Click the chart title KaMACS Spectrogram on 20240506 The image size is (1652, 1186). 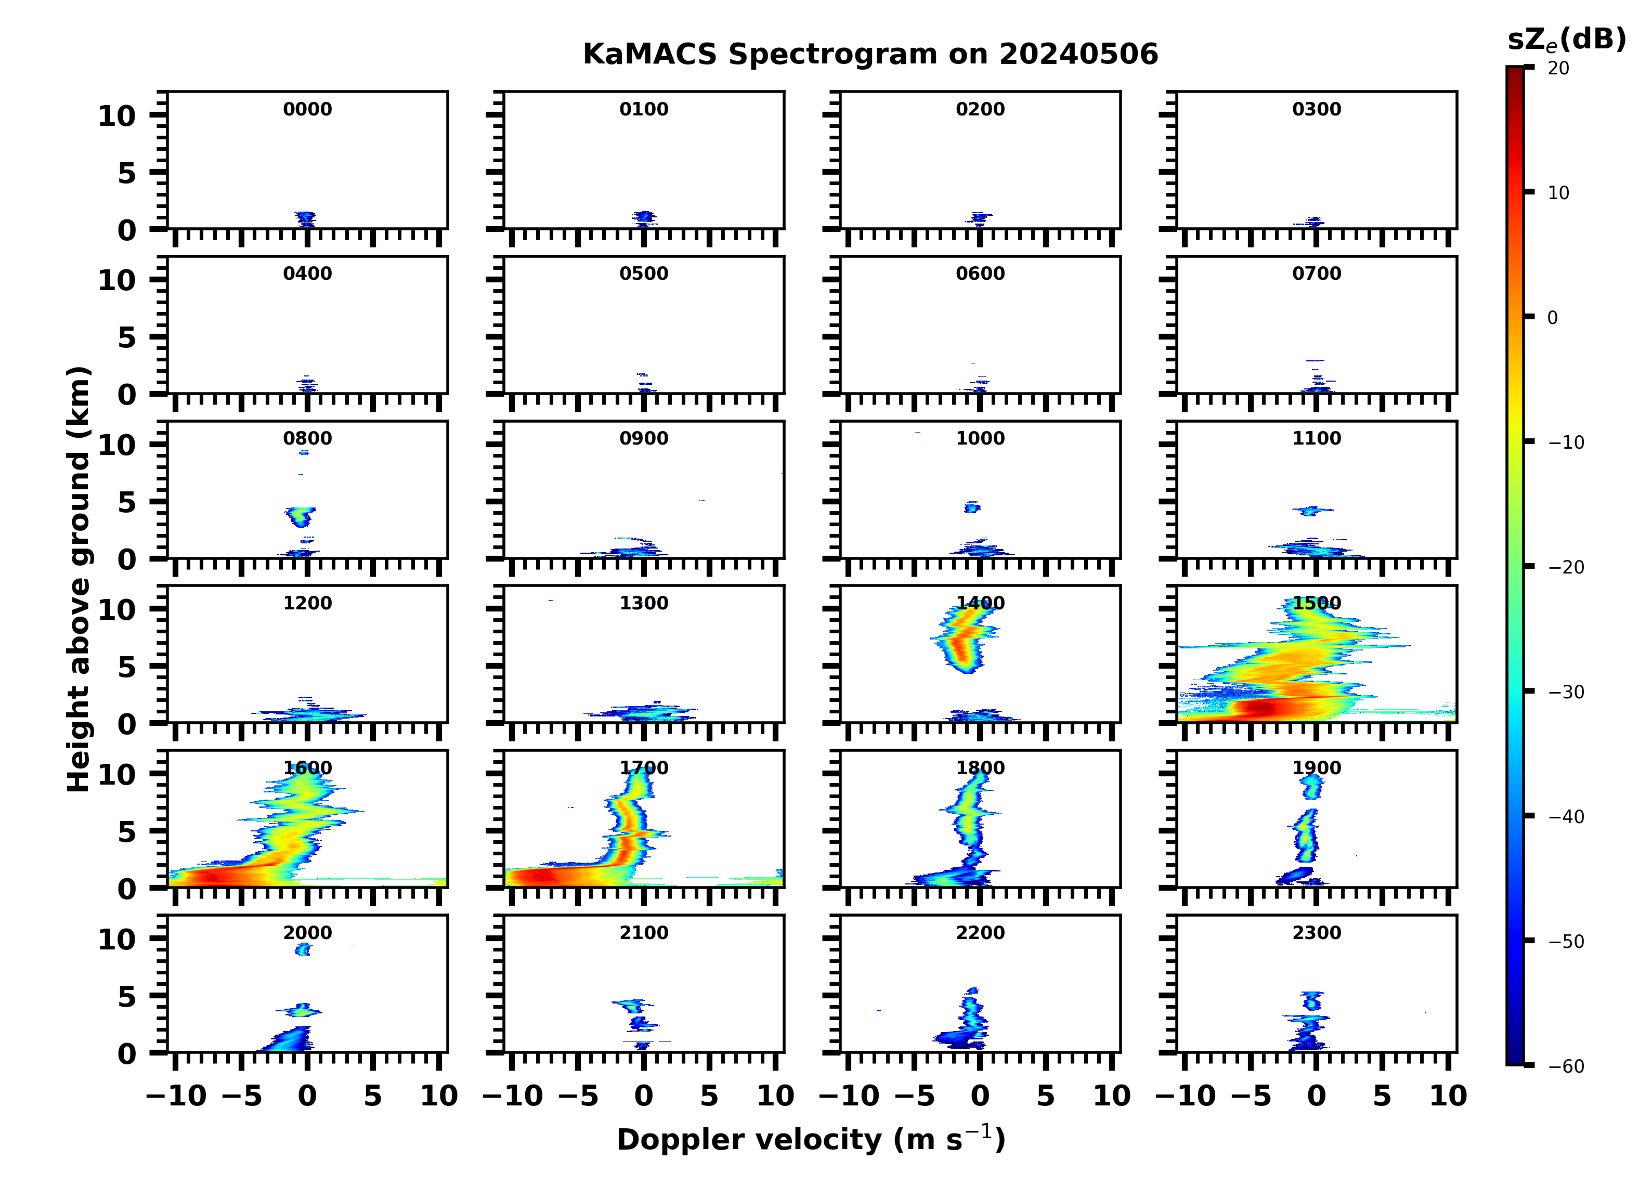click(870, 55)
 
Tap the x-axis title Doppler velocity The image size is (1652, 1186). click(811, 1140)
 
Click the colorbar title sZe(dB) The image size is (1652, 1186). click(1566, 40)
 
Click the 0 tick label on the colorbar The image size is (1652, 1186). click(1553, 318)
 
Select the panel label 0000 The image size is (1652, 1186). click(307, 109)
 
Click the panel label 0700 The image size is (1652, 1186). click(1316, 274)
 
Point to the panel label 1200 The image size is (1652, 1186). click(307, 603)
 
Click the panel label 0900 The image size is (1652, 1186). click(644, 438)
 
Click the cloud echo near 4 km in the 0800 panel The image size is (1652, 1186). click(300, 516)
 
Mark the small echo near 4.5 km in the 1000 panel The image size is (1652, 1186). click(972, 507)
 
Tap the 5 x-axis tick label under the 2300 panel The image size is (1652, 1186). click(1382, 1096)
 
